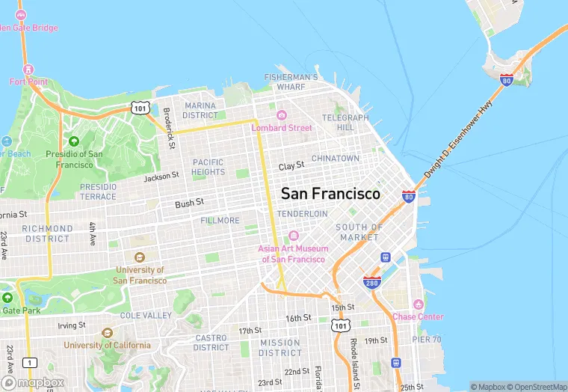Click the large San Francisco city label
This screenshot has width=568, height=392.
(x=330, y=193)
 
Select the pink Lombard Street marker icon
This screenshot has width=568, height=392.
(x=282, y=115)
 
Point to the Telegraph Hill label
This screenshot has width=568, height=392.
(x=345, y=123)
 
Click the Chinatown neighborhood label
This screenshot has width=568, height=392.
(x=335, y=159)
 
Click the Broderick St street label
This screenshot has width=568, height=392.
(x=170, y=128)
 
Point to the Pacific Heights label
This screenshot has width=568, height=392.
(x=208, y=167)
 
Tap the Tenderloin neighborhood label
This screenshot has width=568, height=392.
(x=302, y=214)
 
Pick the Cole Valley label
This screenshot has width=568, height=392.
(x=146, y=316)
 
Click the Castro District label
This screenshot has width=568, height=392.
(x=211, y=343)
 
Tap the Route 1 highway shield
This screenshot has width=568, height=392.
(x=29, y=363)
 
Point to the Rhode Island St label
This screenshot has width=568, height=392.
(x=355, y=355)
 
